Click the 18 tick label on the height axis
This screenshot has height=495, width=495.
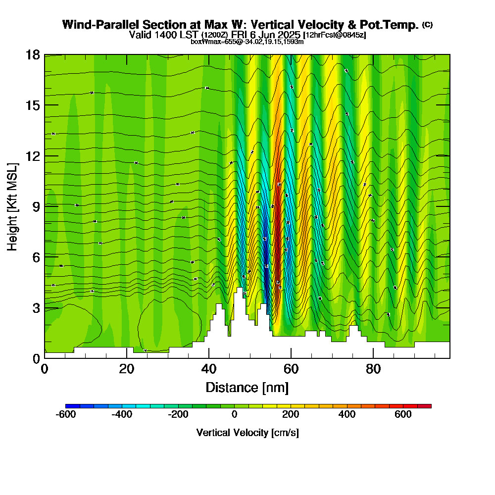point(33,54)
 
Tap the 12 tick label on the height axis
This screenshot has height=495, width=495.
point(33,155)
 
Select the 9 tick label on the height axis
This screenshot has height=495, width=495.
point(36,206)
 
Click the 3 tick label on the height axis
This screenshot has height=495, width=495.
point(36,307)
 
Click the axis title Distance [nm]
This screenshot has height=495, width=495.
point(247,387)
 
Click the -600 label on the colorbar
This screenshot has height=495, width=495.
point(66,415)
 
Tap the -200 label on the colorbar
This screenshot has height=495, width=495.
point(178,415)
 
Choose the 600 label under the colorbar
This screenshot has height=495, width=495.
point(403,415)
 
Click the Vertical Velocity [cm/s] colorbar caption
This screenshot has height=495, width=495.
point(247,433)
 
